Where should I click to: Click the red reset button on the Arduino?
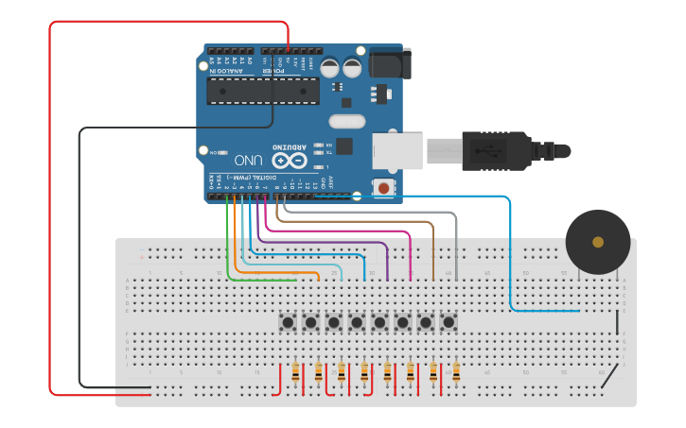[383, 188]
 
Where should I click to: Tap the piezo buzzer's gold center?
[598, 243]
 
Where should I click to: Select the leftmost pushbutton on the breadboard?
[288, 322]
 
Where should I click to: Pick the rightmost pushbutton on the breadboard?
[449, 322]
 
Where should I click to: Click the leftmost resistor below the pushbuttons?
[296, 374]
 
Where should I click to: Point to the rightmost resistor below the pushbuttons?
[456, 374]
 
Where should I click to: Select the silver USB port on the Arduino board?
[396, 151]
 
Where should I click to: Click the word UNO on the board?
[248, 161]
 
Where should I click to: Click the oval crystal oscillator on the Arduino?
[346, 121]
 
